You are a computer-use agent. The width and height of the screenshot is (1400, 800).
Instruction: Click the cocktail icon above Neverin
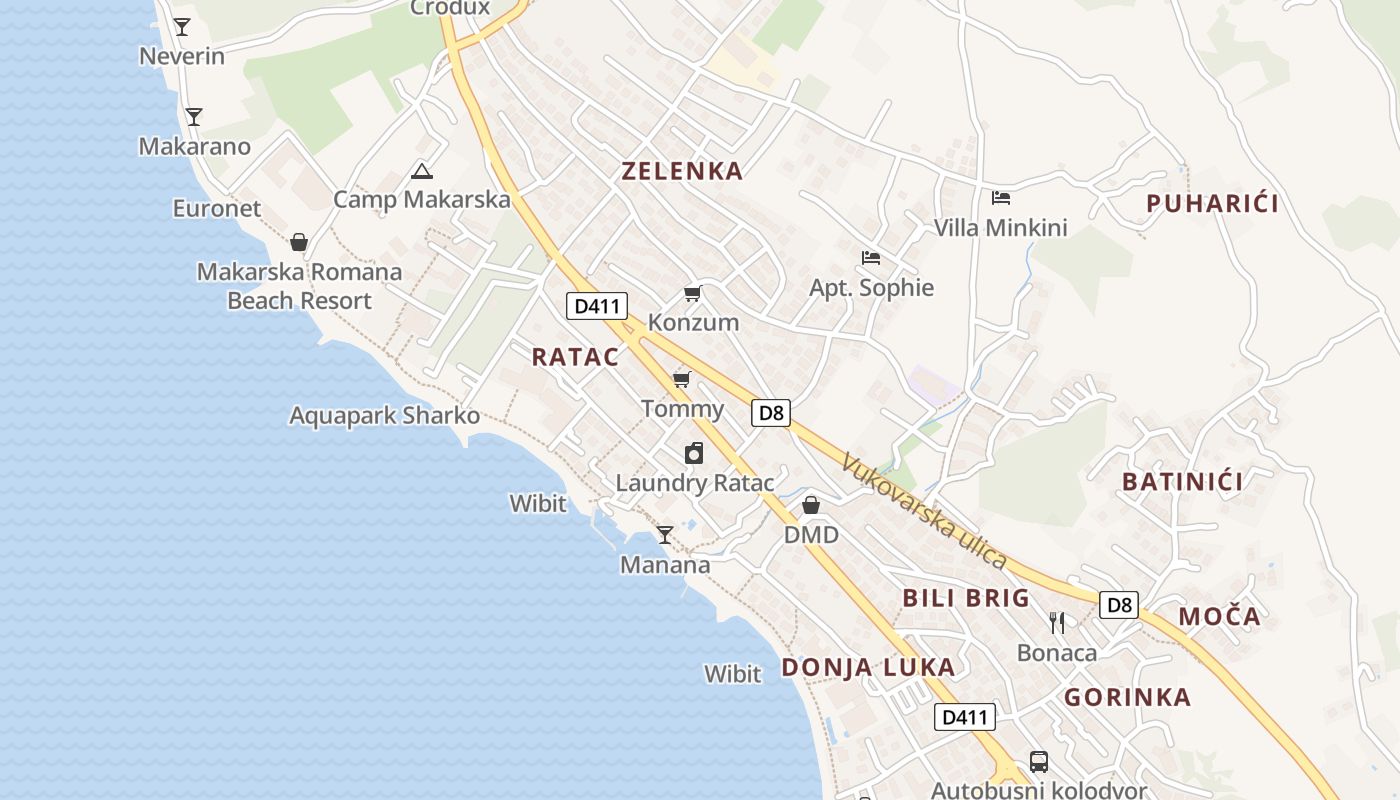point(181,27)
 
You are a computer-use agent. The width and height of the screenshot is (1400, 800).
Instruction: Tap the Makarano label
point(194,146)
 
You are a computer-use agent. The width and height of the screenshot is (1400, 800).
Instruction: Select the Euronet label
point(217,208)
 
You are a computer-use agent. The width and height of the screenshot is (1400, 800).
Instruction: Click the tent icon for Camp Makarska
point(422,171)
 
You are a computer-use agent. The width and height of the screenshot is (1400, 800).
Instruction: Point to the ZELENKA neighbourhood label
point(682,171)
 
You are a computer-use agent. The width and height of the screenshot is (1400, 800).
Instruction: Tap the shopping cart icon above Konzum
point(692,293)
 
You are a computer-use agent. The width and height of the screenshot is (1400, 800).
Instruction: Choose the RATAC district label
point(575,357)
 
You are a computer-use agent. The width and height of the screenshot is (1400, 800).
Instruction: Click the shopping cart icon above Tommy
point(682,379)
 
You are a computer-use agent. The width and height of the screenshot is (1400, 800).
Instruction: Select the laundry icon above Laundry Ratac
point(694,453)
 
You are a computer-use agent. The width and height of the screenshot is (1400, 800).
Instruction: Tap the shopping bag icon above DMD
point(811,505)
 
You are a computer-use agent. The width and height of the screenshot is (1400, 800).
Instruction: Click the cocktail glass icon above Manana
point(665,535)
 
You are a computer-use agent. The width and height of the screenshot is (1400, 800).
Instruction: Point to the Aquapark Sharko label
point(384,415)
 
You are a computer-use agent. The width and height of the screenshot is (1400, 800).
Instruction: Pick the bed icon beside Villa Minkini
point(1001,198)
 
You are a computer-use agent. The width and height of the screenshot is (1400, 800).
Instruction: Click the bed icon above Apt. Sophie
point(871,258)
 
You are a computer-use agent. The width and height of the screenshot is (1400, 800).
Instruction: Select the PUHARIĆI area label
point(1212,204)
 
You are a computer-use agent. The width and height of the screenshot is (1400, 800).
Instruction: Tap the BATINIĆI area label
point(1182,482)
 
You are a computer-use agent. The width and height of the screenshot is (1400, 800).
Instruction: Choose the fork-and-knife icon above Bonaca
point(1057,623)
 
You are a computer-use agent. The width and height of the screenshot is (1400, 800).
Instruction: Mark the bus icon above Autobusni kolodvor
point(1039,762)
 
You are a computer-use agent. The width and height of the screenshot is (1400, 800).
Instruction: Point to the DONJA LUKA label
point(868,667)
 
